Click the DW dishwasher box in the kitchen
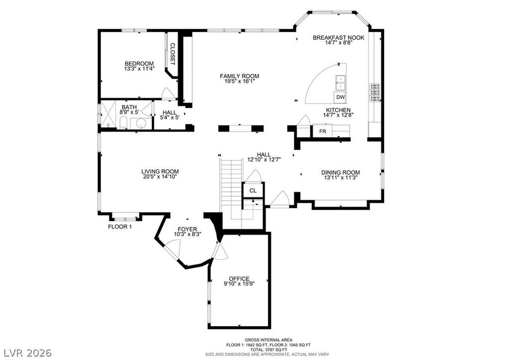(x=340, y=97)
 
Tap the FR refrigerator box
(x=322, y=131)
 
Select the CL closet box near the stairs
(x=253, y=191)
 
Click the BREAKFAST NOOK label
(x=338, y=38)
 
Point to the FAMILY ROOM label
(x=240, y=76)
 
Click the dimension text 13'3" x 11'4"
(x=139, y=69)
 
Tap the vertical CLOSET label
(x=173, y=54)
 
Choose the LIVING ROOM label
(x=160, y=171)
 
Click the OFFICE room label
(x=239, y=279)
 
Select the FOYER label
(x=187, y=229)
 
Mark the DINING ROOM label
(x=341, y=172)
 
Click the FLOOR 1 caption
(x=120, y=227)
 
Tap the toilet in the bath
(x=124, y=123)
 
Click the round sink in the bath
(x=141, y=123)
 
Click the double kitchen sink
(x=340, y=83)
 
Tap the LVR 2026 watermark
(x=28, y=353)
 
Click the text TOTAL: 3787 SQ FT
(x=268, y=350)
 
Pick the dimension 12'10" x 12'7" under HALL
(x=264, y=160)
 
